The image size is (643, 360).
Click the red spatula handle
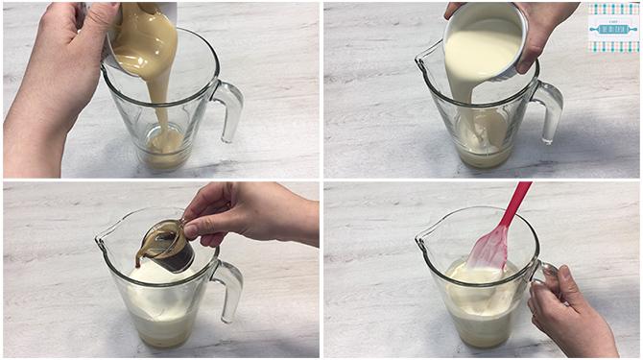pyautogui.click(x=516, y=204)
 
